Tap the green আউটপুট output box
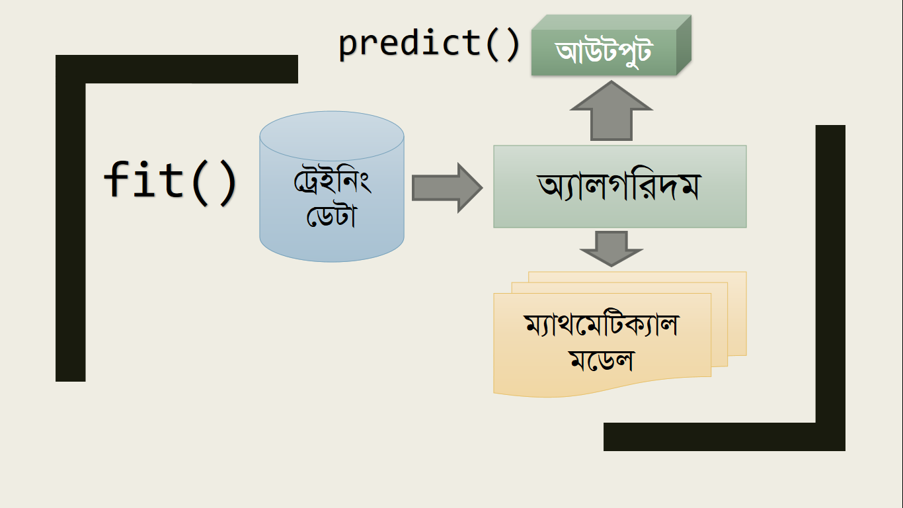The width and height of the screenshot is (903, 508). coord(611,45)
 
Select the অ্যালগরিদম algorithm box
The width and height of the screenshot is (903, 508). coord(620,187)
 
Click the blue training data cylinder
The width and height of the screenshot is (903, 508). coord(332,187)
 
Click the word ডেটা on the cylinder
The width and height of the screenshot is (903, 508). coord(332,216)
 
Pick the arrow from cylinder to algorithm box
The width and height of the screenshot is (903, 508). coord(447,188)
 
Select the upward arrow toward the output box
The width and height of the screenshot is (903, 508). coord(611,110)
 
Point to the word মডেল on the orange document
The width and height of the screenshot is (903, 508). coord(602,360)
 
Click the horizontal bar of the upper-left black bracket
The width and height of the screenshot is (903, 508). coord(177,69)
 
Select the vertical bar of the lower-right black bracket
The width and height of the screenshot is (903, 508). coord(830,288)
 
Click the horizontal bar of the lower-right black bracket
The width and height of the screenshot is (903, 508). coord(725,437)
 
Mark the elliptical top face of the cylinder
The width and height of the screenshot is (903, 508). coord(332,136)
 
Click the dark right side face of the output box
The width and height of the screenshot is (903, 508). coord(684,45)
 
